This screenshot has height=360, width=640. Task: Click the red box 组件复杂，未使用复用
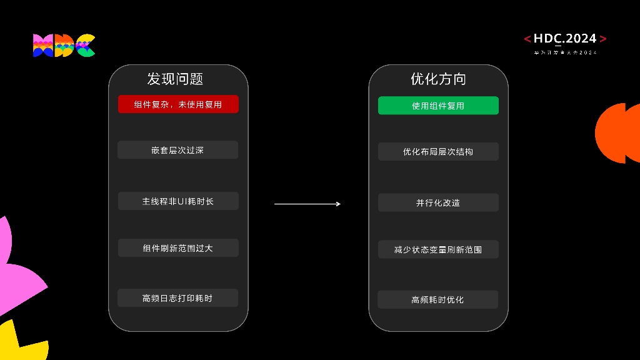click(x=178, y=104)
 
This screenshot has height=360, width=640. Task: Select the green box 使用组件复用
click(x=438, y=106)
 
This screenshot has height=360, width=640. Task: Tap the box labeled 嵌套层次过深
click(x=177, y=150)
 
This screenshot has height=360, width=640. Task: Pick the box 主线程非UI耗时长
click(x=178, y=201)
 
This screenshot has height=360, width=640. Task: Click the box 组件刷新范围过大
click(x=178, y=248)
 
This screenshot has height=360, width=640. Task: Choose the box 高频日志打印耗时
click(x=177, y=298)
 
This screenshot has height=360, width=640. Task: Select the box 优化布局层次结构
click(x=438, y=152)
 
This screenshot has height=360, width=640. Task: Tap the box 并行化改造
click(x=438, y=202)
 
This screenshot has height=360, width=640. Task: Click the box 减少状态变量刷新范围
click(x=438, y=249)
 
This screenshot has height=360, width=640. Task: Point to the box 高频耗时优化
click(x=437, y=299)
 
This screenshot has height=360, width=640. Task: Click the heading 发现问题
click(x=176, y=79)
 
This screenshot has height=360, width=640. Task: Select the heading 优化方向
click(x=438, y=79)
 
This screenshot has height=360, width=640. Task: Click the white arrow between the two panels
click(x=307, y=204)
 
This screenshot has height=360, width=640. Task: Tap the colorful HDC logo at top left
click(x=64, y=46)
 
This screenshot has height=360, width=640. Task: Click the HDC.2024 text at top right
click(x=565, y=39)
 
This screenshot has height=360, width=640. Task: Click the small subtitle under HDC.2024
click(x=565, y=52)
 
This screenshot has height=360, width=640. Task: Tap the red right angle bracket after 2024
click(x=602, y=39)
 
